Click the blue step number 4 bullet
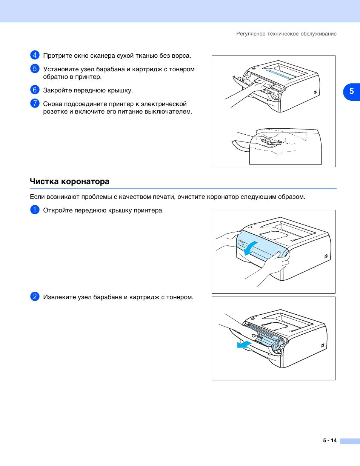[35, 55]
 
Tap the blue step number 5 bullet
[35, 69]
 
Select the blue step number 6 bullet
[35, 90]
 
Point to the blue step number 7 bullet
[35, 103]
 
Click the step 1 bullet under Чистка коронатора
[35, 210]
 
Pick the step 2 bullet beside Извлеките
[35, 297]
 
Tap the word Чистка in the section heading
[44, 181]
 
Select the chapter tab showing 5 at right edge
[351, 91]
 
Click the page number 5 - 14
[329, 440]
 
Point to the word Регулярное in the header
[251, 34]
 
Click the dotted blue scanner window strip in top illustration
[280, 74]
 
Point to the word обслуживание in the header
[318, 34]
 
